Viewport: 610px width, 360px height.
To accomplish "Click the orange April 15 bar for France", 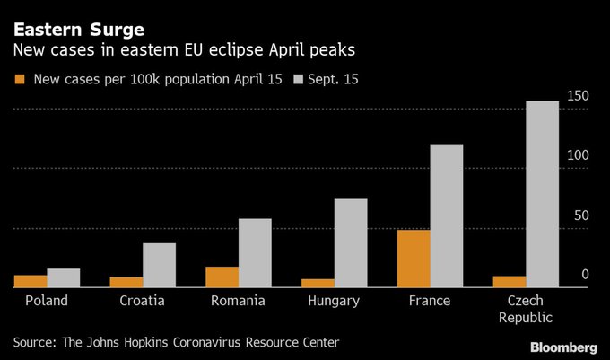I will point(414,259).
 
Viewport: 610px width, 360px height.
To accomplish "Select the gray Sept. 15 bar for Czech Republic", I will point(542,194).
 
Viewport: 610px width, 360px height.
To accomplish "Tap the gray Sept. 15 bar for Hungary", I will point(351,242).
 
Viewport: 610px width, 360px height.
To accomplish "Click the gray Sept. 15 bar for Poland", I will point(64,277).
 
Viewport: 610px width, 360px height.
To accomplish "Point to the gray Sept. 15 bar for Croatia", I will point(159,265).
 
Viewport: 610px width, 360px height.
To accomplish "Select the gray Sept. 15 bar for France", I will point(446,215).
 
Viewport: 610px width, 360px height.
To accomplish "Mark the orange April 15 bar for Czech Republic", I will point(510,282).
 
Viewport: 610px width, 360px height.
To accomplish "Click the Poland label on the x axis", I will point(47,301).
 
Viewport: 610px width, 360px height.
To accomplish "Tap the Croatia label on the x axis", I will point(142,301).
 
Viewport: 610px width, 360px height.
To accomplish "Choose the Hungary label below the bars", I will point(333,301).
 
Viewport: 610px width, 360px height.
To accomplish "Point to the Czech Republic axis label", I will point(525,309).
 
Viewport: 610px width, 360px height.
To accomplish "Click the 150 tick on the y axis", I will point(579,96).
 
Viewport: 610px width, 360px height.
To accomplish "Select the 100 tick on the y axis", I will point(579,155).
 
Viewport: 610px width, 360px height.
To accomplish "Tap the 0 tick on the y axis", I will point(584,274).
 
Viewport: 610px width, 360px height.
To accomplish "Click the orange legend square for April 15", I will point(21,80).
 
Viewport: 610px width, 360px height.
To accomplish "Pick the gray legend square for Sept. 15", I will point(301,80).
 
